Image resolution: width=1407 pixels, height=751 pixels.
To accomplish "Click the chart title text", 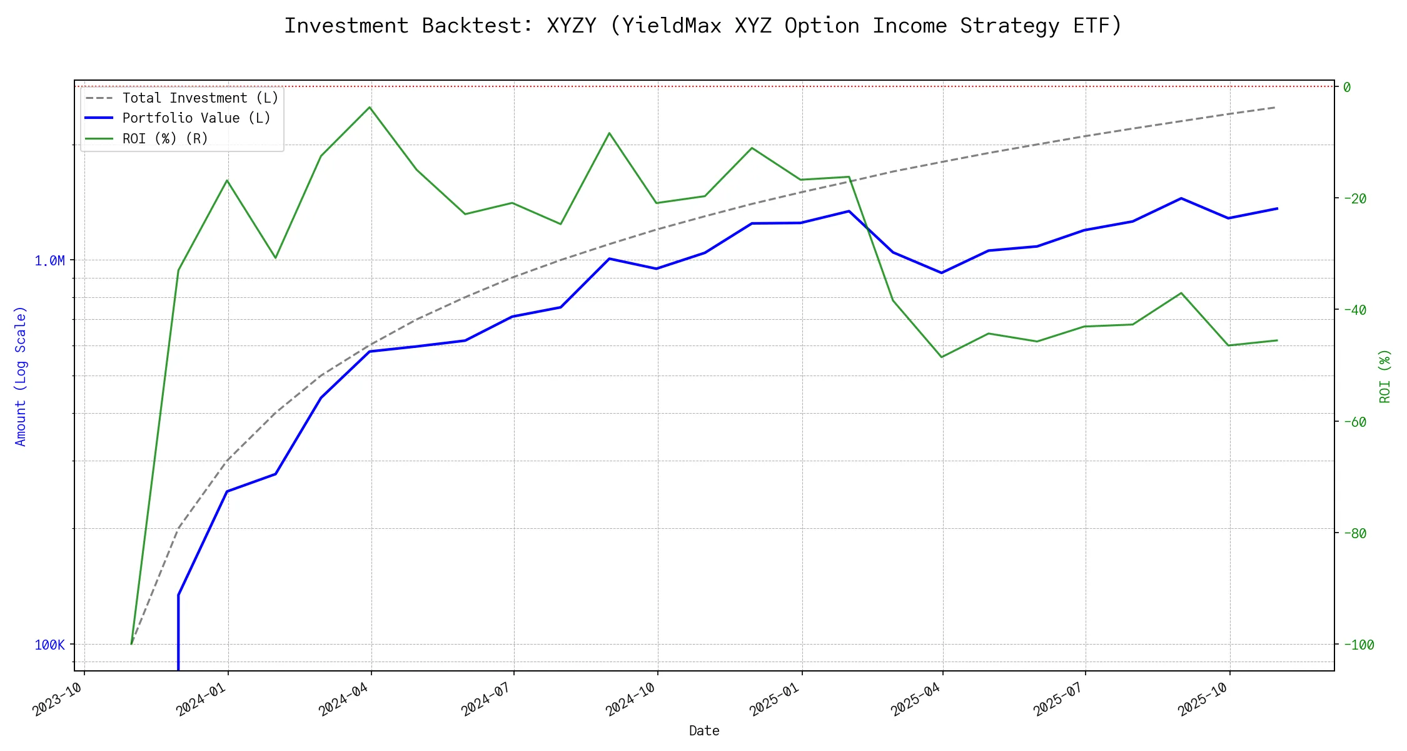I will [x=703, y=26].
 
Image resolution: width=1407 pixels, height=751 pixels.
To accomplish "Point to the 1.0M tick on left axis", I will [x=49, y=260].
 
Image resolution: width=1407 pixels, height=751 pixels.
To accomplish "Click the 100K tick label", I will [x=49, y=645].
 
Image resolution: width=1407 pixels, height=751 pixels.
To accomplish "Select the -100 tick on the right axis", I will [x=1358, y=645].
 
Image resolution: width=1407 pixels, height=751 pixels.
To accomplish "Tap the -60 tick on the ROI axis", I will [x=1354, y=422].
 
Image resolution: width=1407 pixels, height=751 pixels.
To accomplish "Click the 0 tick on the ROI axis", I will [x=1347, y=87].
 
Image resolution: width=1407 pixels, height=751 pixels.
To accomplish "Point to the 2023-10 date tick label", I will [x=58, y=699].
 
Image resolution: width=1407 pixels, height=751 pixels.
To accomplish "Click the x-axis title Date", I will [x=704, y=731].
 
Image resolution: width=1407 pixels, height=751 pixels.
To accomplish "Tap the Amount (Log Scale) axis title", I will [x=21, y=376].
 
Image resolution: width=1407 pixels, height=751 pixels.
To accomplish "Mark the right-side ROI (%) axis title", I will [x=1385, y=376].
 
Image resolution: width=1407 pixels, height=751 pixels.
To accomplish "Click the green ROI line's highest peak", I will [x=370, y=107].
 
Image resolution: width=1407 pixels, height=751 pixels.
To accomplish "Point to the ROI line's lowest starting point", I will [x=131, y=643].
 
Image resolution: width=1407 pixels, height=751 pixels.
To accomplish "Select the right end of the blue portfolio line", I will [x=1277, y=208].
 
